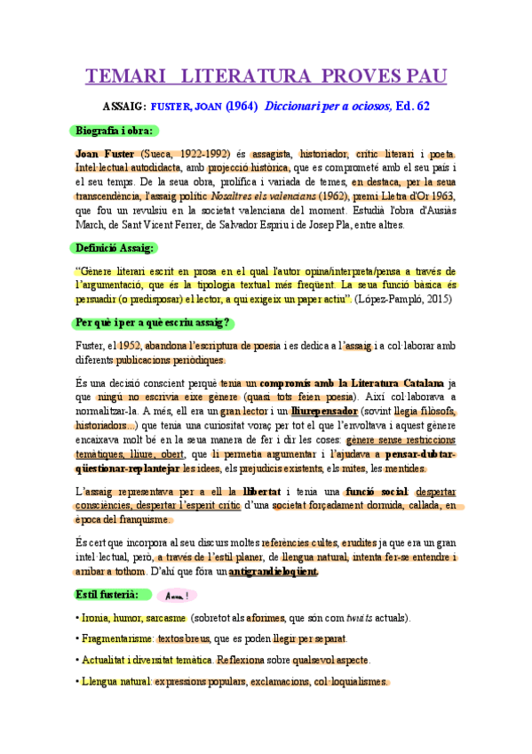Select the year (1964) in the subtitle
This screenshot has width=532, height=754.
coord(242,106)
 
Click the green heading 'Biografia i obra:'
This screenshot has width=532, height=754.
coord(114,131)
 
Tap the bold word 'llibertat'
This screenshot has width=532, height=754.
coord(261,491)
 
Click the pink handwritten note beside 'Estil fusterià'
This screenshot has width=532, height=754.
coord(177,596)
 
